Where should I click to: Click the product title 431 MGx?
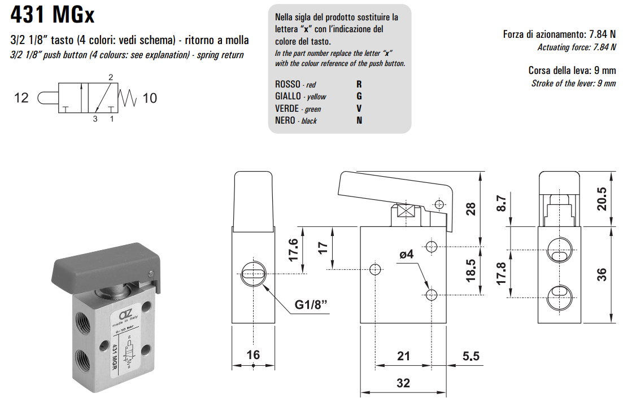click(x=53, y=15)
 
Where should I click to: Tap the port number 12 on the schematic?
click(x=21, y=98)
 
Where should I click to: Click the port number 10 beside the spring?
click(x=150, y=98)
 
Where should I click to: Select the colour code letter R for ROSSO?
click(x=359, y=84)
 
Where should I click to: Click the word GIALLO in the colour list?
click(x=287, y=96)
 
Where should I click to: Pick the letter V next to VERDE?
click(x=359, y=108)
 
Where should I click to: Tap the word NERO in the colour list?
click(x=285, y=120)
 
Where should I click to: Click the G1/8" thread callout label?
click(x=311, y=305)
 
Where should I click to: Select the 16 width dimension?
click(x=254, y=355)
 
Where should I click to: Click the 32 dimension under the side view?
click(x=403, y=382)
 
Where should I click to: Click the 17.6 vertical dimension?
click(x=293, y=249)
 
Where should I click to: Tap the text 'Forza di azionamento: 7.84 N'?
click(x=559, y=34)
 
